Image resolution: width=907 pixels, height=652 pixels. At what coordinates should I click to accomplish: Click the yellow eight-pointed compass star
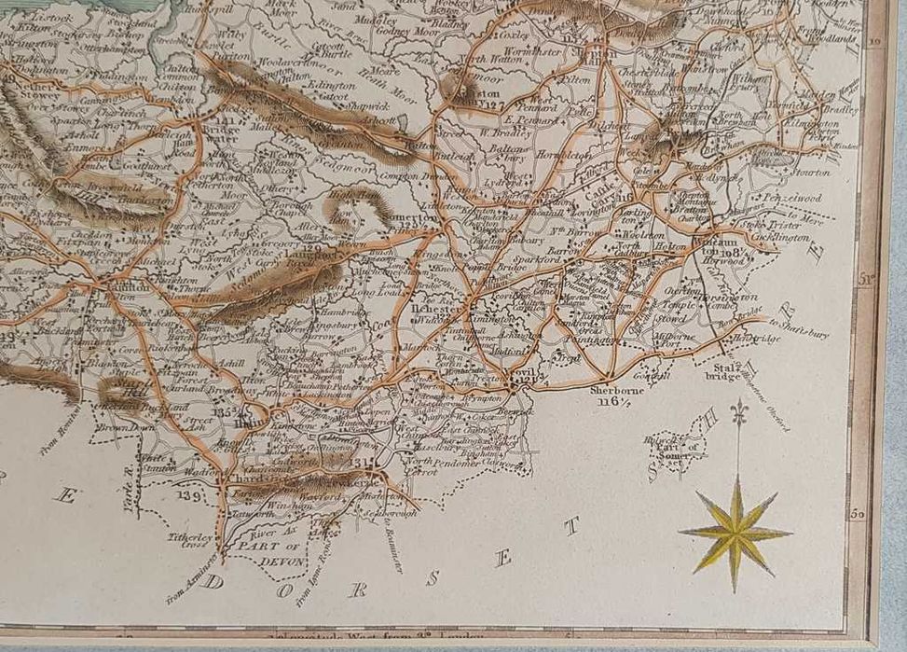coord(736,533)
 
